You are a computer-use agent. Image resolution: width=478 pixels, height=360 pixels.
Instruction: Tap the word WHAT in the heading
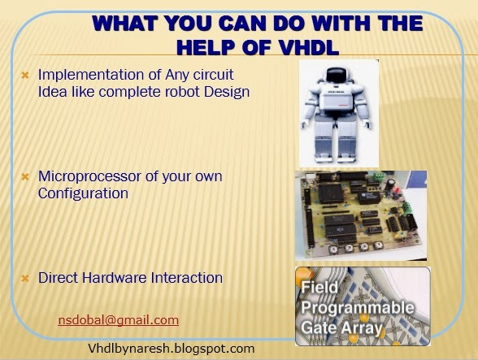click(x=125, y=24)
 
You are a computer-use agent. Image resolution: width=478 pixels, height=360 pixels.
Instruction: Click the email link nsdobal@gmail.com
click(x=119, y=320)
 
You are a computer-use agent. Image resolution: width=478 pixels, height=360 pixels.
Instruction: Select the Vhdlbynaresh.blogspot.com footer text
click(x=171, y=348)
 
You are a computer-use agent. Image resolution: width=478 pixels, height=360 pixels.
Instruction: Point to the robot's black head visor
click(x=337, y=75)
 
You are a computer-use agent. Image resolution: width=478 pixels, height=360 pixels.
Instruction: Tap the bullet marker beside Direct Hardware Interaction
click(x=25, y=278)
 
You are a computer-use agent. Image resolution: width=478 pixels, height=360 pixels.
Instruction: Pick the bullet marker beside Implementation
click(x=25, y=75)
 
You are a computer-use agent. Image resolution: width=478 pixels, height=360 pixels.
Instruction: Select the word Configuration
click(x=83, y=194)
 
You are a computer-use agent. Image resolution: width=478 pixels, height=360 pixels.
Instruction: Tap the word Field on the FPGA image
click(x=319, y=288)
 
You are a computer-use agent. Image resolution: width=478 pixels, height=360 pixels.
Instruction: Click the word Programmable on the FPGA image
click(x=358, y=308)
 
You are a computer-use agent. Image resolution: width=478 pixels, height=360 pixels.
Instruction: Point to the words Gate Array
click(x=341, y=328)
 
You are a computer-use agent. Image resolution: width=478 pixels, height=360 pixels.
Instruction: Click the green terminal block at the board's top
click(x=379, y=176)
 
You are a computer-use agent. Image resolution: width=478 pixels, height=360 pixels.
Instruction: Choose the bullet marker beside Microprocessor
click(x=25, y=177)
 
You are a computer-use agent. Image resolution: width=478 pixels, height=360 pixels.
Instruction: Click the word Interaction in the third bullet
click(x=187, y=278)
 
